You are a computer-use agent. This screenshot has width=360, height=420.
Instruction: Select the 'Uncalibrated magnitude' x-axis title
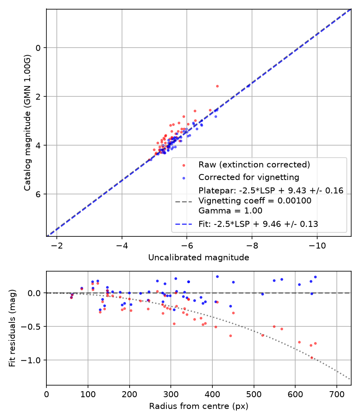coord(198,258)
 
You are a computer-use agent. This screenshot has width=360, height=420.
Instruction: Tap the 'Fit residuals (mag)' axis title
coord(12,328)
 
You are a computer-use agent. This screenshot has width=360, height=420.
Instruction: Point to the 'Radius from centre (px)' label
coord(198,406)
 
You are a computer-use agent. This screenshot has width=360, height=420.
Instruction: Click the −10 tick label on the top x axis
coord(317,246)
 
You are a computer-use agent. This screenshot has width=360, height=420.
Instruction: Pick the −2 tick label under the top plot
coord(56,246)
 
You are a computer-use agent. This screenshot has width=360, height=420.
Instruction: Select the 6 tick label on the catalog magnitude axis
coord(38,194)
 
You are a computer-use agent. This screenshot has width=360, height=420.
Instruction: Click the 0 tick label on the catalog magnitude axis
coord(38,48)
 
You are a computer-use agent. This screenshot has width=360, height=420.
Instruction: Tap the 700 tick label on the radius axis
coord(336,394)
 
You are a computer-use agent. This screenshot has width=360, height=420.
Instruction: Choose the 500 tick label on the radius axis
coord(254,394)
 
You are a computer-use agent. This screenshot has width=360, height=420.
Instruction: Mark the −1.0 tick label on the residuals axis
coord(31,360)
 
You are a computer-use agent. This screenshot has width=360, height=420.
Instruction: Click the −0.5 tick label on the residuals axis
coord(31,326)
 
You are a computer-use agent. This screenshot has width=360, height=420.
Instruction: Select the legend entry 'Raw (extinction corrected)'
coord(254,164)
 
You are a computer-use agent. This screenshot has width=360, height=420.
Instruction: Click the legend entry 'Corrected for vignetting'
coord(249,177)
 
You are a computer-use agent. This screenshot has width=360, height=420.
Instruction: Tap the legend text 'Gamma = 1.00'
coord(230,211)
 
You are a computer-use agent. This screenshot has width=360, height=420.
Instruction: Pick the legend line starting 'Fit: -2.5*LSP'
coord(258,224)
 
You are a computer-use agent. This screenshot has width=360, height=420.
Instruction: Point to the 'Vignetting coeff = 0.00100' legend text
coord(255,201)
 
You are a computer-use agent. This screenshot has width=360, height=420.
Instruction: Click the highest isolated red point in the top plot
coord(217,86)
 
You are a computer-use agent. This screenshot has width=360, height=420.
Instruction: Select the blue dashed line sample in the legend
coord(184,224)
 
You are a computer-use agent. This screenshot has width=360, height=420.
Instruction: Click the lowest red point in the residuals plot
coord(312,358)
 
